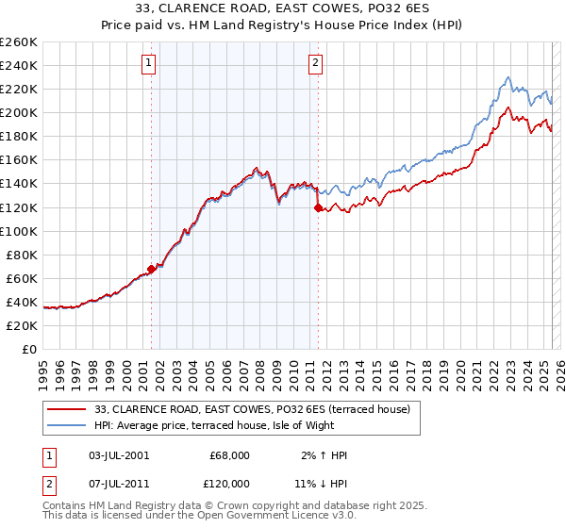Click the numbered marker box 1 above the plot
tap(150, 64)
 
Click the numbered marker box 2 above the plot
tap(315, 64)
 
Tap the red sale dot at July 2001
tap(151, 269)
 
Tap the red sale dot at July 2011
tap(318, 206)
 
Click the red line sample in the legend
tap(66, 410)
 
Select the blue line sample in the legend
tap(66, 426)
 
